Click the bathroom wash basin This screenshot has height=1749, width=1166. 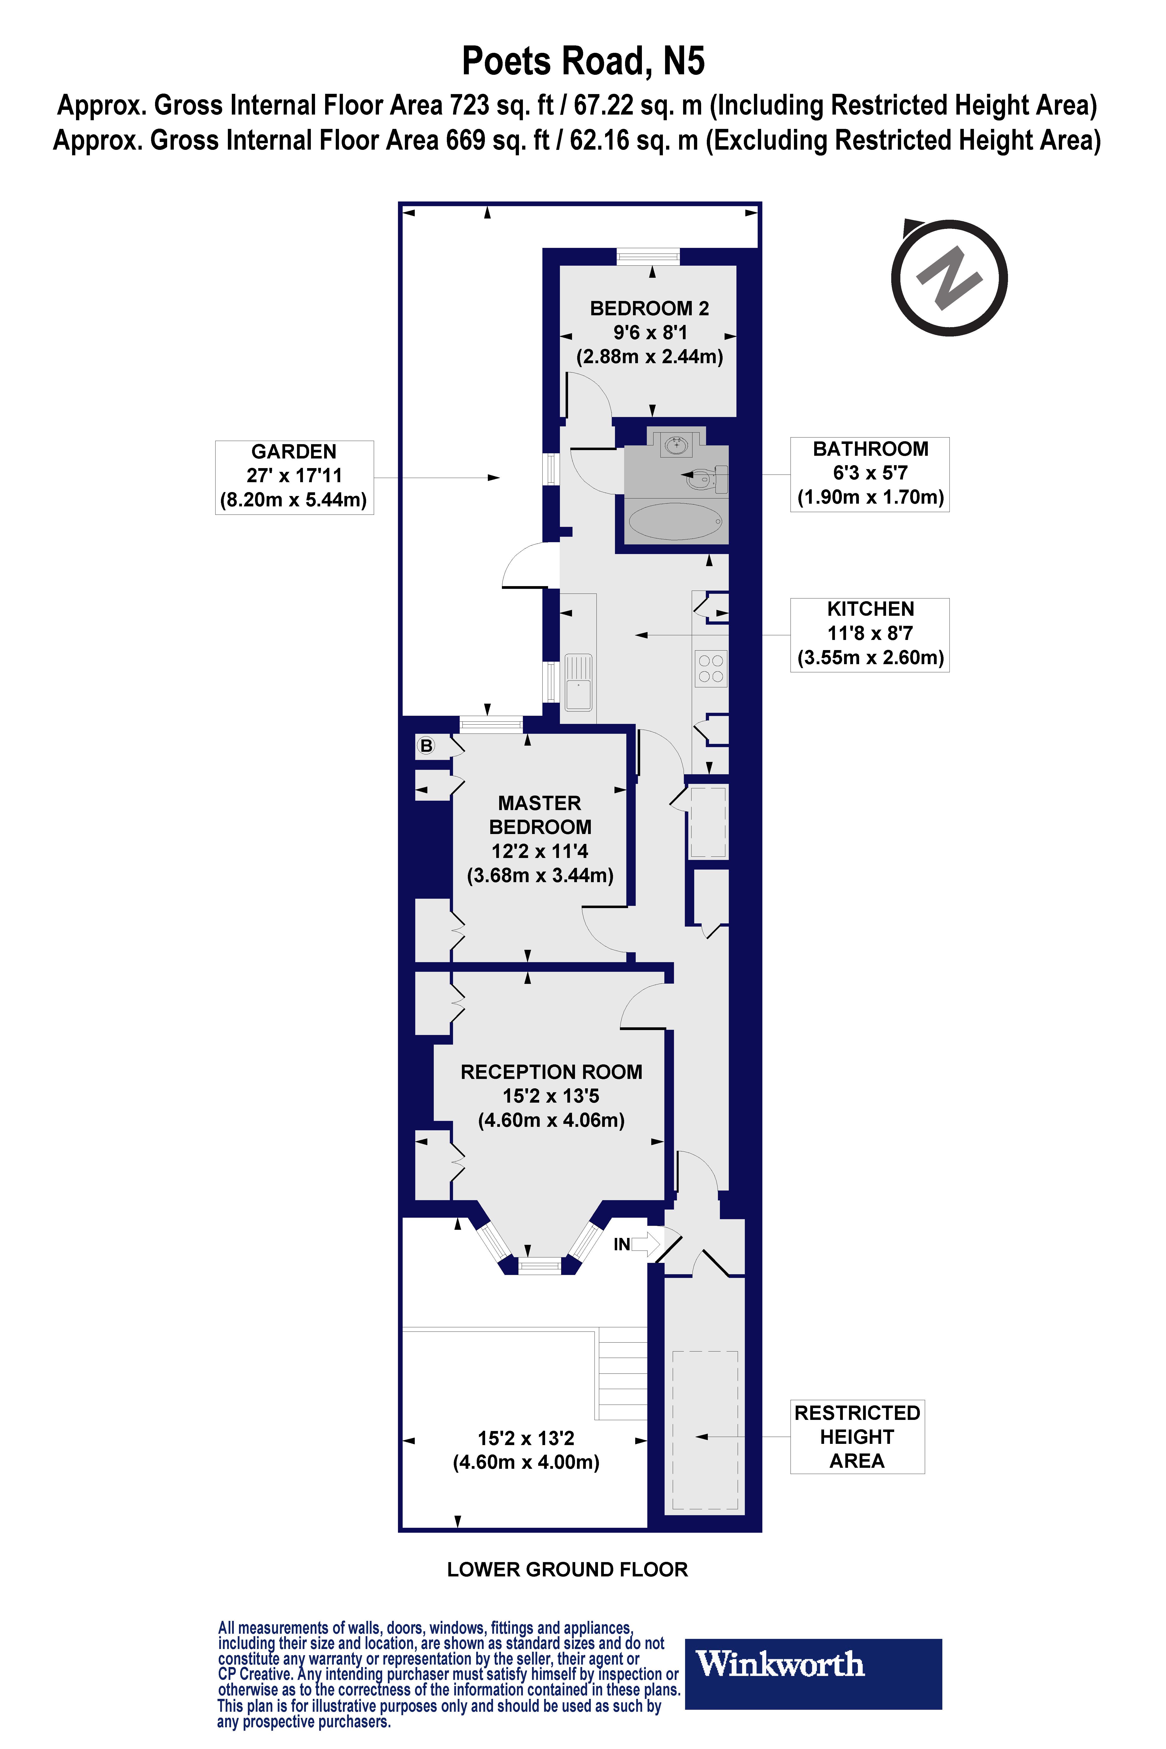pos(676,446)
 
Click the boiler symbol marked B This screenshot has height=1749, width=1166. pos(426,745)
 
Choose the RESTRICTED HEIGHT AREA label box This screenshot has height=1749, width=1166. pos(857,1436)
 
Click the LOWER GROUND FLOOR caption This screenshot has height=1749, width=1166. pos(567,1570)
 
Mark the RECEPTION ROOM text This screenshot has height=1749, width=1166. pos(551,1072)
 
